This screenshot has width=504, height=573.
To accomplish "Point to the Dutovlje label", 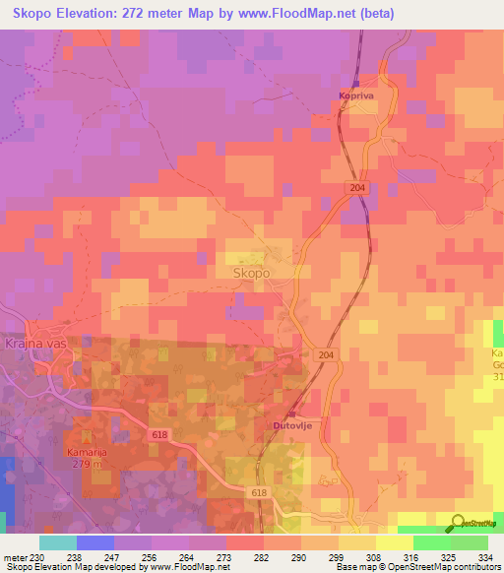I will coord(293,425).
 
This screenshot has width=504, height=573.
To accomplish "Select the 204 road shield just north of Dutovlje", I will coord(326,354).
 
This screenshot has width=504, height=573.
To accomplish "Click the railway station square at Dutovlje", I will coord(291,414).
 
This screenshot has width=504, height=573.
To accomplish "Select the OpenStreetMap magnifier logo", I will coord(459,524).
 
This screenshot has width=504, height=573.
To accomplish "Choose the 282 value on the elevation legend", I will coord(262,556).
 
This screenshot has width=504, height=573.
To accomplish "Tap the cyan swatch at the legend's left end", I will coord(58,541).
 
